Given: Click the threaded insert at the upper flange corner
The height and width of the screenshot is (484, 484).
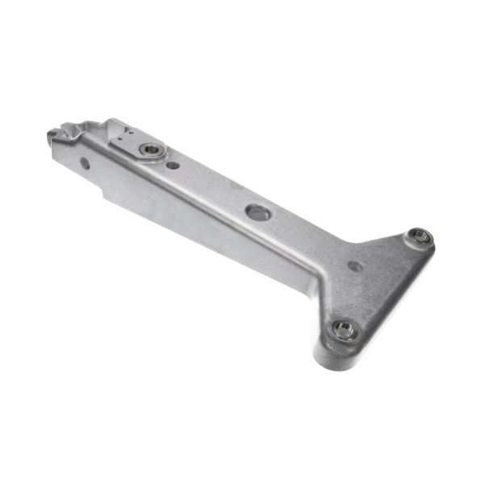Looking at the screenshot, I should click(419, 237).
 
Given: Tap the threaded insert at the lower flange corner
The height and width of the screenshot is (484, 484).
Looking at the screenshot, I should click(345, 329).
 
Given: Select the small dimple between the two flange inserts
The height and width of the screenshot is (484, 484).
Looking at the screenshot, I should click(355, 265).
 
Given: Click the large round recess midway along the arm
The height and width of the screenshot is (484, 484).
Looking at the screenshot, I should click(257, 212).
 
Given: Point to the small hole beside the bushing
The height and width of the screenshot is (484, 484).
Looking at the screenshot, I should click(173, 165).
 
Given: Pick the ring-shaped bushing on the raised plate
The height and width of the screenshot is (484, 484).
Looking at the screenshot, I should click(152, 149).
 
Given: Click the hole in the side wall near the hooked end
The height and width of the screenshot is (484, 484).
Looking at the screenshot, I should click(85, 163).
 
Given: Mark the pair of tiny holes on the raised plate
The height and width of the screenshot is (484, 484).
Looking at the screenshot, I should click(120, 138).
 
